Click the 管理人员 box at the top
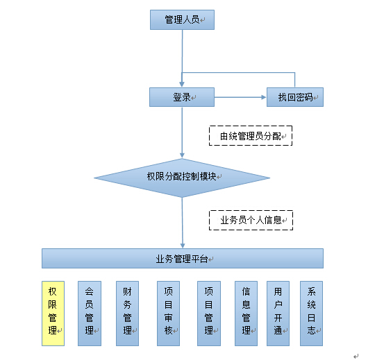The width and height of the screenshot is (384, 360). click(x=182, y=20)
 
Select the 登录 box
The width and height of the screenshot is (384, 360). click(x=182, y=97)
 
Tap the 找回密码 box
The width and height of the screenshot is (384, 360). click(x=295, y=97)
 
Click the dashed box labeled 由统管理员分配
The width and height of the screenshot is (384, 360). click(x=251, y=136)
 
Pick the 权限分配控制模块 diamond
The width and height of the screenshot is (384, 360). click(x=182, y=178)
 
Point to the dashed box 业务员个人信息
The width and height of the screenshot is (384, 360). click(x=251, y=220)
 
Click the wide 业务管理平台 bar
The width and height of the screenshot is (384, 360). click(x=183, y=259)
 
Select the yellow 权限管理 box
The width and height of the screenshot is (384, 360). click(x=53, y=314)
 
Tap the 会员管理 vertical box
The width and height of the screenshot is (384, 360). click(x=90, y=314)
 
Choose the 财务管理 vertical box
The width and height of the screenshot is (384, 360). click(x=127, y=314)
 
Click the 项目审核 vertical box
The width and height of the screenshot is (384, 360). click(x=168, y=314)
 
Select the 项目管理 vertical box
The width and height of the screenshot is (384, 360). click(x=209, y=314)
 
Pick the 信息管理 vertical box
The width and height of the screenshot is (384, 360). click(x=246, y=314)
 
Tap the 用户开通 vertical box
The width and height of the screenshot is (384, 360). click(x=278, y=314)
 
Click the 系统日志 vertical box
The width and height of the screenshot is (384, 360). click(x=312, y=314)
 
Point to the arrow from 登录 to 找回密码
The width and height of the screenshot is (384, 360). click(x=240, y=97)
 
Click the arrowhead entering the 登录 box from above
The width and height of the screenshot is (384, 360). click(x=182, y=85)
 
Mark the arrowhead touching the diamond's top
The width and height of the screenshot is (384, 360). click(x=182, y=155)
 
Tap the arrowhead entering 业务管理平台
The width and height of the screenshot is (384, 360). click(x=183, y=246)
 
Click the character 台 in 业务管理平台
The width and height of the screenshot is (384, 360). click(x=203, y=259)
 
